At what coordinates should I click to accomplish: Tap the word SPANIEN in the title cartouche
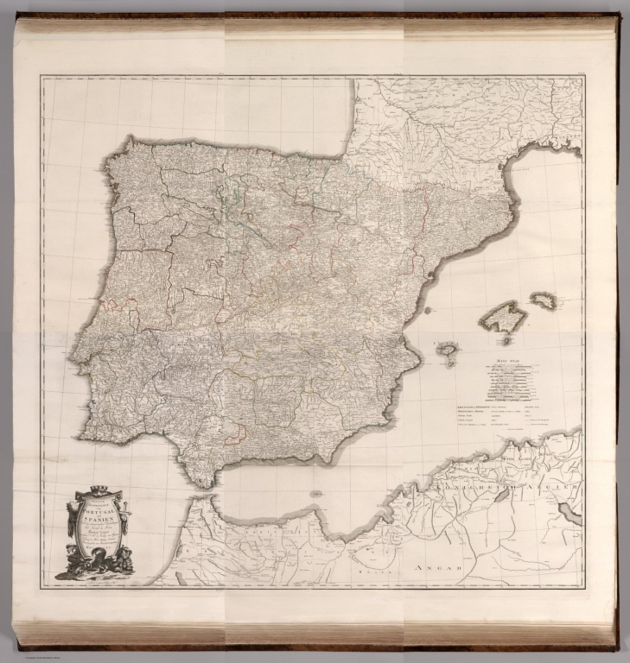tap(97, 522)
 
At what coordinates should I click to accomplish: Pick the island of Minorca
tap(544, 300)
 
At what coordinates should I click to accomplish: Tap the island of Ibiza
tap(447, 349)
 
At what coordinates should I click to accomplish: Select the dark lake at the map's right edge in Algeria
tap(570, 515)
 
